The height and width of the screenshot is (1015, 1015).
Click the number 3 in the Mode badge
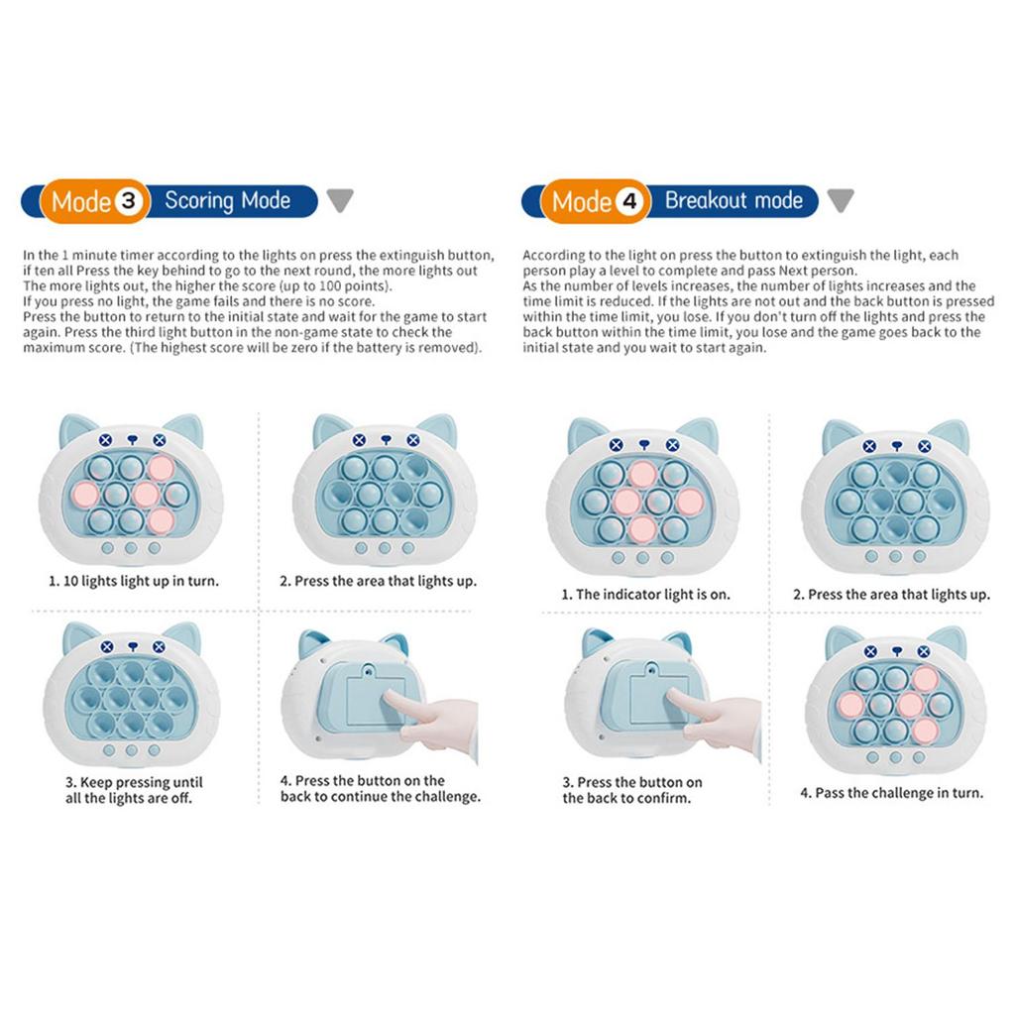[128, 200]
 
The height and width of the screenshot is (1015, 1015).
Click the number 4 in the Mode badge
[629, 200]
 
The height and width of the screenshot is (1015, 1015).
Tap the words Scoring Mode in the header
[227, 200]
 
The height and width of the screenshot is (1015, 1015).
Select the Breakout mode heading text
[733, 200]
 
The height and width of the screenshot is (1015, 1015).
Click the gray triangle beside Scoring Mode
[340, 199]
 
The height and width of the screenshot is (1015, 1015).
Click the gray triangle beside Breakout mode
[841, 199]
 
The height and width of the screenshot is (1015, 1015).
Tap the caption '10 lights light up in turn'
[134, 581]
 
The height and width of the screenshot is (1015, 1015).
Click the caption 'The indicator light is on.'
[645, 595]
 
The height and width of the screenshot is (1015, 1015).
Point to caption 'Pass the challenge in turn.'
[891, 793]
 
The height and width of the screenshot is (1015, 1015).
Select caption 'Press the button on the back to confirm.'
[631, 790]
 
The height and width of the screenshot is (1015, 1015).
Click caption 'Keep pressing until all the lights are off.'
[134, 790]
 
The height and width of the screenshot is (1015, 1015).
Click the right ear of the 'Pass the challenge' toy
[949, 641]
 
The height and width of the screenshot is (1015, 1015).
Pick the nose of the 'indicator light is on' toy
[644, 445]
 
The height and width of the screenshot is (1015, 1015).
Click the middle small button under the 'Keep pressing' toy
[132, 750]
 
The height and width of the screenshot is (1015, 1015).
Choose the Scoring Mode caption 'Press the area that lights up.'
[378, 581]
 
